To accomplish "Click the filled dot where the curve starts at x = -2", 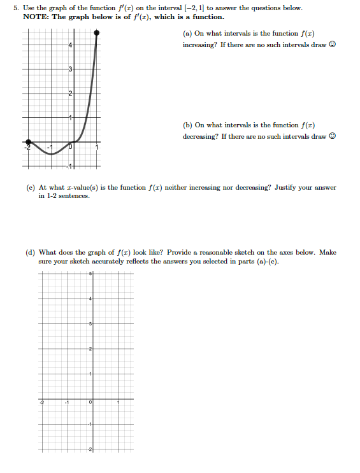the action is pos(27,142).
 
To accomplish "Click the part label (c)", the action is pos(30,188).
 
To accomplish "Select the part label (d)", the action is pos(30,252).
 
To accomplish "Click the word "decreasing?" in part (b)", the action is pos(198,136).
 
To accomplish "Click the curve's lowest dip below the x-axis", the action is pos(51,154).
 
